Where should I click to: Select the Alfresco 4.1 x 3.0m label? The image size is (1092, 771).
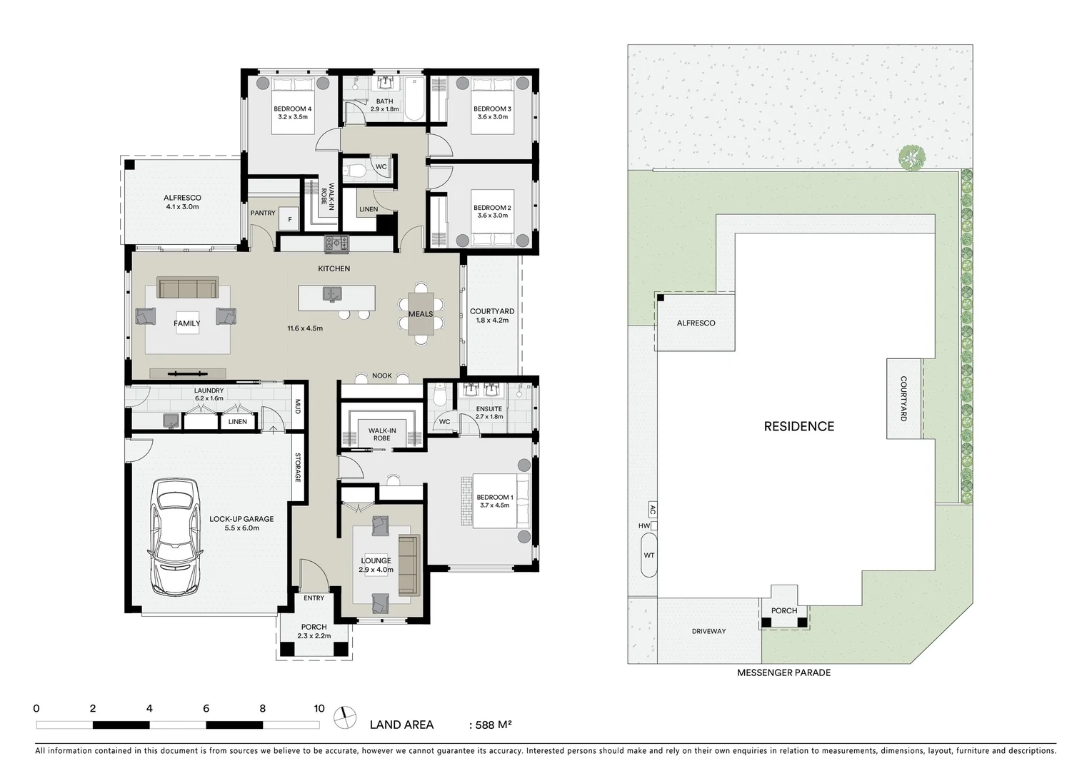182,202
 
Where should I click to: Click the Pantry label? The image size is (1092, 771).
263,213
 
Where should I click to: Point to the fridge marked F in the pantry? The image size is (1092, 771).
290,220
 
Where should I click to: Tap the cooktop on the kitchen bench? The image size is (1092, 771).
337,243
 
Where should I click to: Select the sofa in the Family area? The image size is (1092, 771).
188,288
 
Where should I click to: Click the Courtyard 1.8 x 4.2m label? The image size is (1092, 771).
492,316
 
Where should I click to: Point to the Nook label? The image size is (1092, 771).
382,376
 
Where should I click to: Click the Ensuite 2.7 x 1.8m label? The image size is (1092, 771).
489,413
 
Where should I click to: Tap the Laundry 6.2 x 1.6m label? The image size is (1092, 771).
209,394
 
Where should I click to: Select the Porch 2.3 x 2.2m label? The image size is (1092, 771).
314,631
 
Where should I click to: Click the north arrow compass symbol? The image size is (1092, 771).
346,717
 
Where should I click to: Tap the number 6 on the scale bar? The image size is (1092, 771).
206,709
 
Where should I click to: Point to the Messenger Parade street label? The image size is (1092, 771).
783,672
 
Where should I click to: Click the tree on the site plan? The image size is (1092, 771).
911,158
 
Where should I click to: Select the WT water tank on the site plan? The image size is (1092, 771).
648,555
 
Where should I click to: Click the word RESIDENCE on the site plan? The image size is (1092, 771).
798,426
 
